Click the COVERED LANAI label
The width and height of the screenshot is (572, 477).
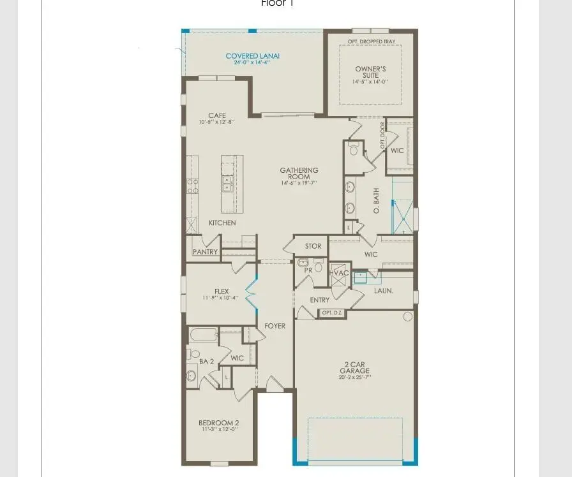[253, 56]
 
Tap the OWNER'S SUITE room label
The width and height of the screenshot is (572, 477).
[371, 71]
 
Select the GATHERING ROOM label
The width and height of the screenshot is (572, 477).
[299, 173]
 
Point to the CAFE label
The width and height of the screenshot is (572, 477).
[217, 115]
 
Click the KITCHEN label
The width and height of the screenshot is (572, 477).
[222, 223]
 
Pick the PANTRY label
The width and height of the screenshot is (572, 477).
[205, 252]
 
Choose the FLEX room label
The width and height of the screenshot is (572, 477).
[222, 291]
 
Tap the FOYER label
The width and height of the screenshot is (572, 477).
[275, 326]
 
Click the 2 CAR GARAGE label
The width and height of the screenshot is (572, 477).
[354, 367]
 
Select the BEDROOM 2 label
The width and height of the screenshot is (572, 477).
[218, 423]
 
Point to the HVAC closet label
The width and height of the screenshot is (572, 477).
[340, 273]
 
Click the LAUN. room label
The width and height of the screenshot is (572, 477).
[384, 290]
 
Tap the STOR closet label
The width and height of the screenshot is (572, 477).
[313, 246]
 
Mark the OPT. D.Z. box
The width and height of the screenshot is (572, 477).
[332, 312]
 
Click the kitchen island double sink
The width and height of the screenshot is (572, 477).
[227, 184]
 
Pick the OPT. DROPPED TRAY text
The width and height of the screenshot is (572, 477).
[371, 41]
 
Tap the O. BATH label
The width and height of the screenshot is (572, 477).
[377, 200]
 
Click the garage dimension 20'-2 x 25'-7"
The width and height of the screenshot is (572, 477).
[354, 377]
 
